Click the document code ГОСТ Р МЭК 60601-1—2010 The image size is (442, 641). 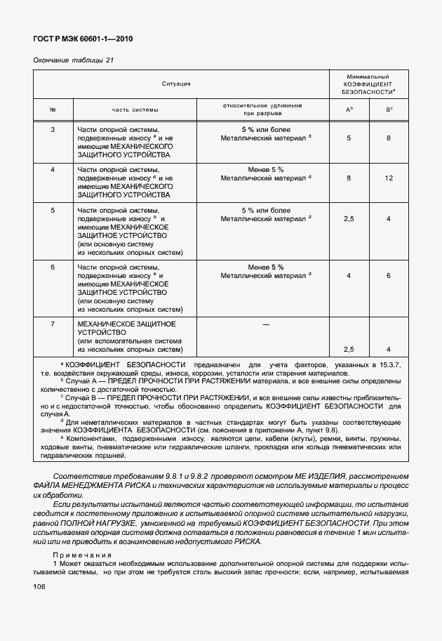[83, 39]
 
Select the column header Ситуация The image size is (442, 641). [176, 84]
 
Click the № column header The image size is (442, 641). [53, 110]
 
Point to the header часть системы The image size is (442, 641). [135, 110]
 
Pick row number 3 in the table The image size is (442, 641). [53, 130]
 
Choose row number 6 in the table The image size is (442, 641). [53, 267]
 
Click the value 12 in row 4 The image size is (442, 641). [388, 178]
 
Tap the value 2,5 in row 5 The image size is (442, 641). [349, 219]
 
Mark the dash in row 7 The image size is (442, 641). [265, 324]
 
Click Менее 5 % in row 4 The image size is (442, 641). [265, 169]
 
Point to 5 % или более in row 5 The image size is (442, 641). [265, 210]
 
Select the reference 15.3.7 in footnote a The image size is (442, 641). [389, 366]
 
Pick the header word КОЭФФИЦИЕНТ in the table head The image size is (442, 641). [367, 84]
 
